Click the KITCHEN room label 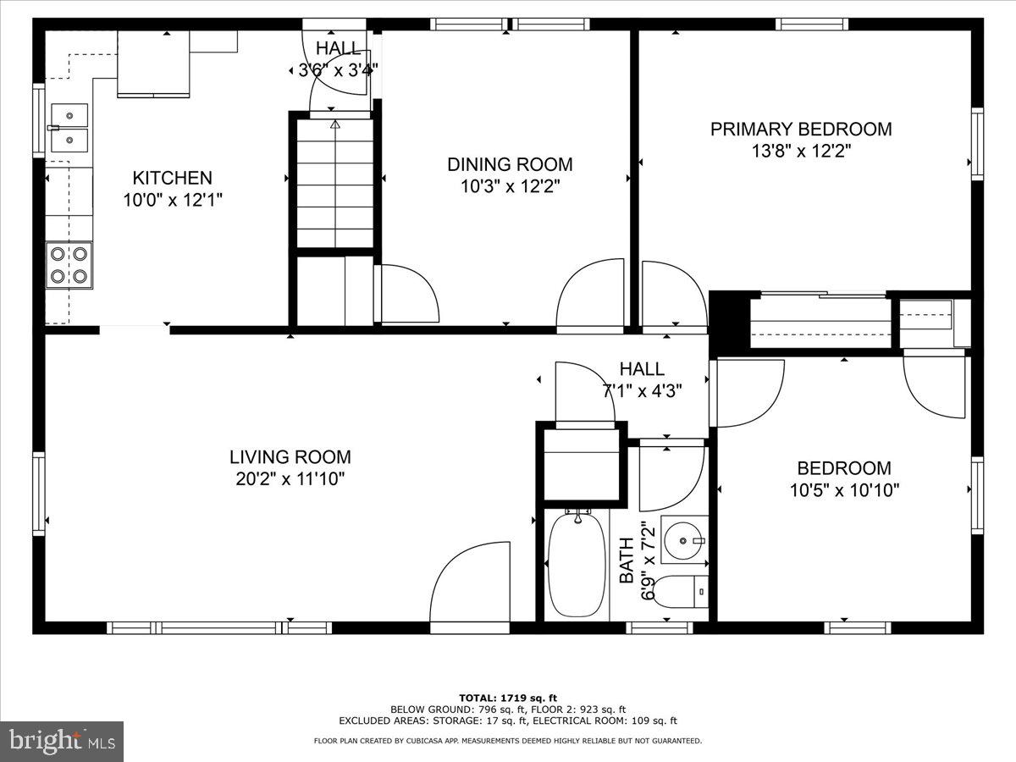pos(172,178)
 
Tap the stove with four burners pos(69,264)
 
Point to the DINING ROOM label pos(510,164)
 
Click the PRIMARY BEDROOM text pos(800,130)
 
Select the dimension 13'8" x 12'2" pos(800,152)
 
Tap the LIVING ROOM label pos(290,457)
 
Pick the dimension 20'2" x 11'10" pos(290,479)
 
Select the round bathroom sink pos(683,539)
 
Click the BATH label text pos(627,560)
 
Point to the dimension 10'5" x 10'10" pos(843,489)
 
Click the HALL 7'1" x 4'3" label pos(642,380)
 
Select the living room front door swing pos(471,584)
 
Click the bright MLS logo pos(62,741)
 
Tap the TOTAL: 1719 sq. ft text pos(508,697)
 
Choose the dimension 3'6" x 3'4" pos(338,70)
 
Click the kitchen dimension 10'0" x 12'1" pos(172,200)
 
